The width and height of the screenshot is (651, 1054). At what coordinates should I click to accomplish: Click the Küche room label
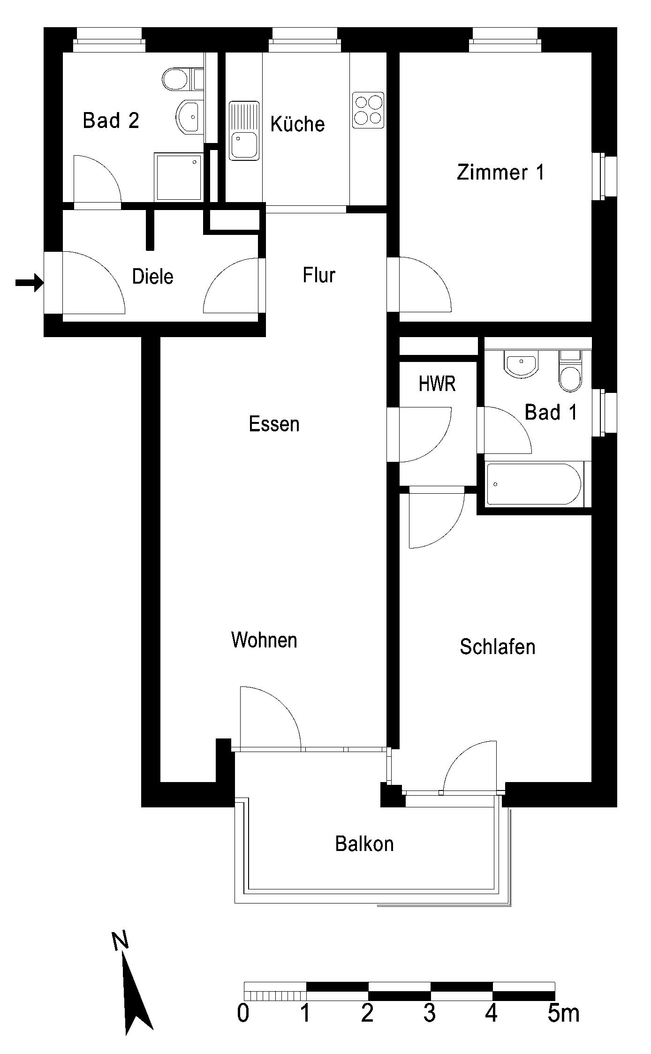pyautogui.click(x=297, y=124)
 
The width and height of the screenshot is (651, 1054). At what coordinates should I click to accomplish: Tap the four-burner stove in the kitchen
pyautogui.click(x=368, y=110)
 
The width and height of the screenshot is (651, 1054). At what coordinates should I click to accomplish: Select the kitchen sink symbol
pyautogui.click(x=244, y=131)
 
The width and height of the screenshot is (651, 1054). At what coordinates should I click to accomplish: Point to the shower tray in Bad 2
pyautogui.click(x=178, y=177)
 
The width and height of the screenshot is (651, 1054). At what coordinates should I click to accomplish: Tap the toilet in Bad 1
pyautogui.click(x=570, y=370)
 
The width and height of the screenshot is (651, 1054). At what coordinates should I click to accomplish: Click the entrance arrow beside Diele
pyautogui.click(x=30, y=282)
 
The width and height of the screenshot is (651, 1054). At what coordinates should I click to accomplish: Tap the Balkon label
pyautogui.click(x=364, y=844)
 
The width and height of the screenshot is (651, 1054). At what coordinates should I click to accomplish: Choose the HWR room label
pyautogui.click(x=437, y=384)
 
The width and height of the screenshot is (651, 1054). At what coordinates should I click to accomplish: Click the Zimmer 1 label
pyautogui.click(x=500, y=172)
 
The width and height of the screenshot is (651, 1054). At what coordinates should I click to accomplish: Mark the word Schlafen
pyautogui.click(x=498, y=647)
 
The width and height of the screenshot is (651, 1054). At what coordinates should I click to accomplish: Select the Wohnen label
pyautogui.click(x=264, y=640)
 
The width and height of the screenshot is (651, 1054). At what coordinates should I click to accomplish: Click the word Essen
pyautogui.click(x=274, y=424)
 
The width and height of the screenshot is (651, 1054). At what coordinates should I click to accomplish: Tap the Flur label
pyautogui.click(x=319, y=275)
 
